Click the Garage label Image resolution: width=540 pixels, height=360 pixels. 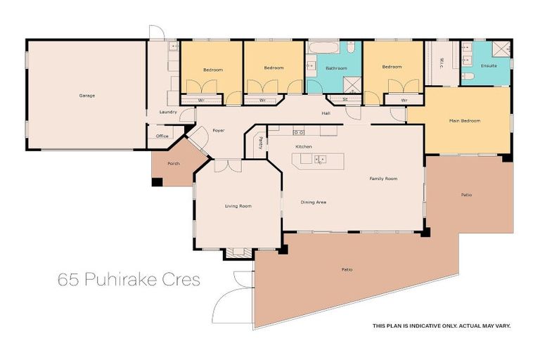pos(87,95)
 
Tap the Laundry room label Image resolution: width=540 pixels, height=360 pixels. pos(168,112)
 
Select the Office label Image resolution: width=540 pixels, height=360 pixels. pos(162,136)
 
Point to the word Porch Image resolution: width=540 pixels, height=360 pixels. pos(173,163)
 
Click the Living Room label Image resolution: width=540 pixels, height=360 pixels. pos(238,205)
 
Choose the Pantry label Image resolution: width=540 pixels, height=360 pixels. pos(260,143)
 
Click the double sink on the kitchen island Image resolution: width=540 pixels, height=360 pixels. pos(319,160)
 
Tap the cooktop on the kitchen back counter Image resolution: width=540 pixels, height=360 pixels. pos(299,131)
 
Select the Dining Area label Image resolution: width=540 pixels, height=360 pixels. pos(314,202)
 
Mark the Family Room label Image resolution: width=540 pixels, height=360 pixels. pos(383,179)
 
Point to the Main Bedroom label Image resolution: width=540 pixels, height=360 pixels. pos(464,121)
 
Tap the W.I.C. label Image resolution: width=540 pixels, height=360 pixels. pos(440,62)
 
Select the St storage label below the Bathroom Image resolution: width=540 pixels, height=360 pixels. pos(345,100)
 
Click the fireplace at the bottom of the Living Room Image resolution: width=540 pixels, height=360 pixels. pos(239,252)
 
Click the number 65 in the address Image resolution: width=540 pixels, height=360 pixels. pos(68,281)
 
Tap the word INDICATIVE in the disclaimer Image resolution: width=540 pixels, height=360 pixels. pos(420,326)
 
